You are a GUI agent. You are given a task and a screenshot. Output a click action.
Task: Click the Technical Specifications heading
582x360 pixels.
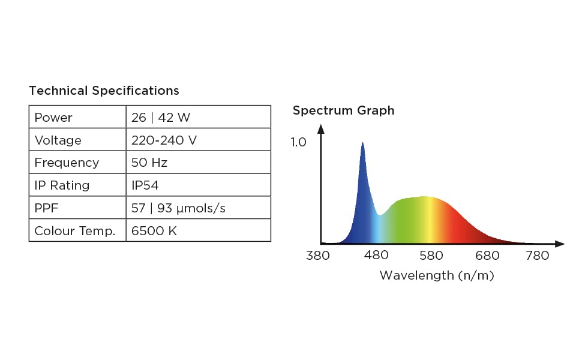point(104,91)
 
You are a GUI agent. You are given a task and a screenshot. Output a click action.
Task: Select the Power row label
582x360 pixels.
point(53,118)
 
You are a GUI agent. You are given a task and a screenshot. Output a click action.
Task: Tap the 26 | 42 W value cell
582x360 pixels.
point(161,118)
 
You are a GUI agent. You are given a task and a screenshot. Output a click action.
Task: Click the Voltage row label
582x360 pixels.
point(58,140)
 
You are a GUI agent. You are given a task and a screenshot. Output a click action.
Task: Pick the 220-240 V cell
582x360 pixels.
point(164,140)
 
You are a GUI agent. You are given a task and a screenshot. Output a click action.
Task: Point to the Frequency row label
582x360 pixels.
point(67,163)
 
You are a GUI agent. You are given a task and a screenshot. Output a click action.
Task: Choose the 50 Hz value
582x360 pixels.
point(149,163)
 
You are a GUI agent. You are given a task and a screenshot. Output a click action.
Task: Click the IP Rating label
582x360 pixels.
point(62,185)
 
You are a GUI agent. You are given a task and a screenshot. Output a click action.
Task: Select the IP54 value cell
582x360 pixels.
point(145,185)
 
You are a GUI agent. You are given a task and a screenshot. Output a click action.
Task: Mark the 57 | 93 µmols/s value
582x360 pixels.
point(178,208)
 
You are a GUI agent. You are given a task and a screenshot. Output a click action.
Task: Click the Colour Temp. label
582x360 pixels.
point(74,231)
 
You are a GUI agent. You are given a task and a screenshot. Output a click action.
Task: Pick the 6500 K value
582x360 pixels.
point(154,231)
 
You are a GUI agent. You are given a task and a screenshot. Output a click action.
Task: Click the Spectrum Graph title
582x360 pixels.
point(343,110)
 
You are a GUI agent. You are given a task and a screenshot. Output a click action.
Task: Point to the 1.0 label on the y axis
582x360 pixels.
point(298,142)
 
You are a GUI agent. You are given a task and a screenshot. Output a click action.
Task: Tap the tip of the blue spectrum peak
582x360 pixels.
point(362,143)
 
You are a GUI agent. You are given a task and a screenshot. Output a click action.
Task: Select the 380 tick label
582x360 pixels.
point(318,256)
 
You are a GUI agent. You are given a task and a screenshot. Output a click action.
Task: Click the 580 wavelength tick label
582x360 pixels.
point(431,256)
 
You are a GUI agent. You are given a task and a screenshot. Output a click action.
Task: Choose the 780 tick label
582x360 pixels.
point(537,256)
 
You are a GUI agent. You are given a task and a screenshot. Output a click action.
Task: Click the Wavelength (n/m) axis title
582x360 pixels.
point(437,275)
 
